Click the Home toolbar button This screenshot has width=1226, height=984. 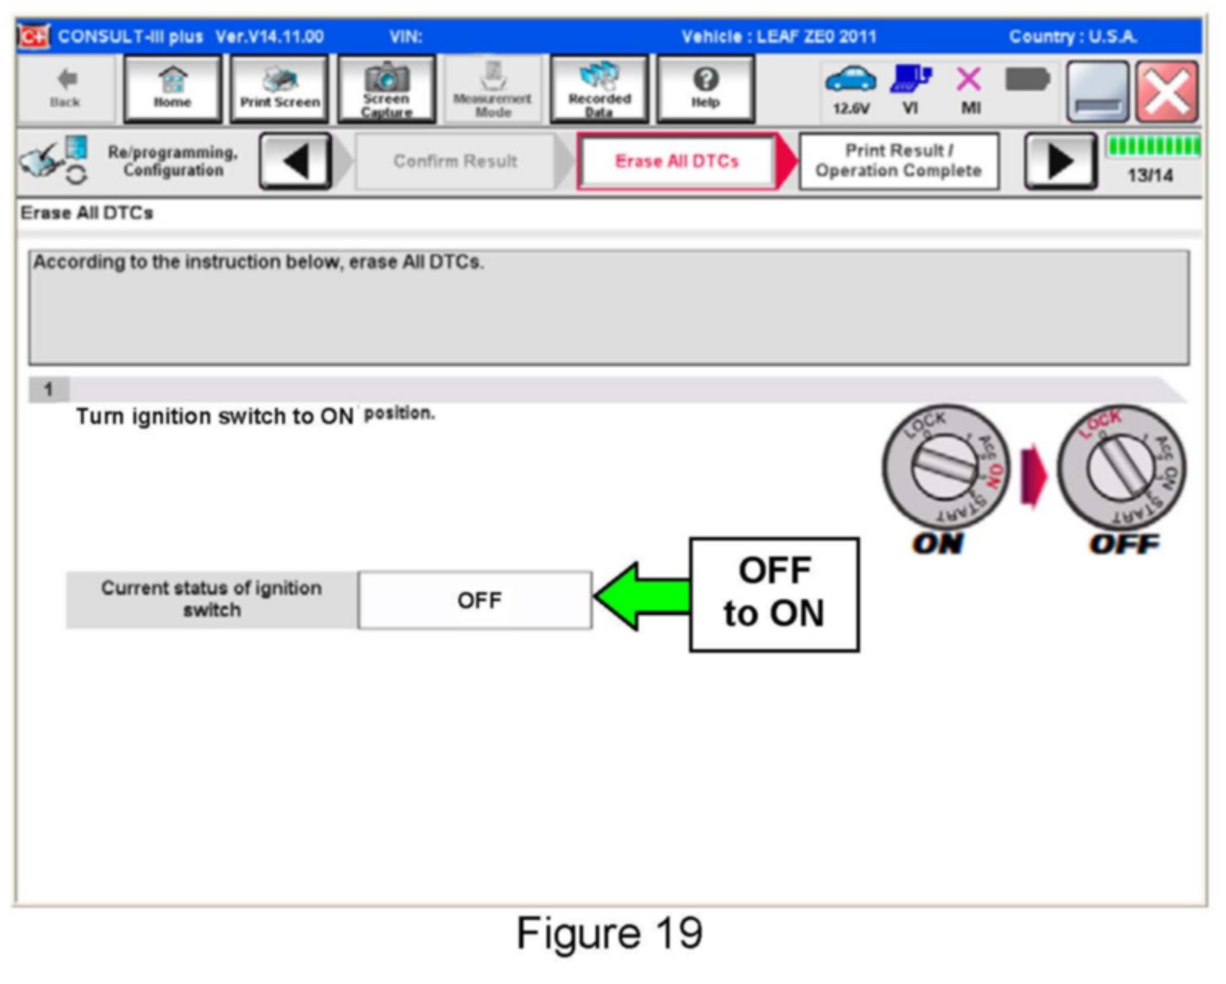(x=172, y=88)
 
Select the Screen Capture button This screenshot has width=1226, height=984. (x=386, y=88)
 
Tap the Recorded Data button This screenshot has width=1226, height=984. (x=599, y=88)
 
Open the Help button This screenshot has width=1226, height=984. (x=705, y=88)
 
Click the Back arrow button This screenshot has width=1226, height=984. (x=65, y=88)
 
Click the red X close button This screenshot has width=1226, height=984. (x=1166, y=91)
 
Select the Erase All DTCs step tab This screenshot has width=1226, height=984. (x=677, y=161)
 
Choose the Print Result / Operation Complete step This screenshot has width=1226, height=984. (x=898, y=161)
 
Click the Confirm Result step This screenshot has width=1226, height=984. (x=455, y=161)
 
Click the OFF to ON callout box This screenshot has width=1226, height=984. (x=774, y=594)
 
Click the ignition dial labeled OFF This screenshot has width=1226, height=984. (x=1121, y=468)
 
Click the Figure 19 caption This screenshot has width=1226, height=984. (x=610, y=933)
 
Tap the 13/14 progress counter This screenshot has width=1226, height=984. (x=1149, y=175)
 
